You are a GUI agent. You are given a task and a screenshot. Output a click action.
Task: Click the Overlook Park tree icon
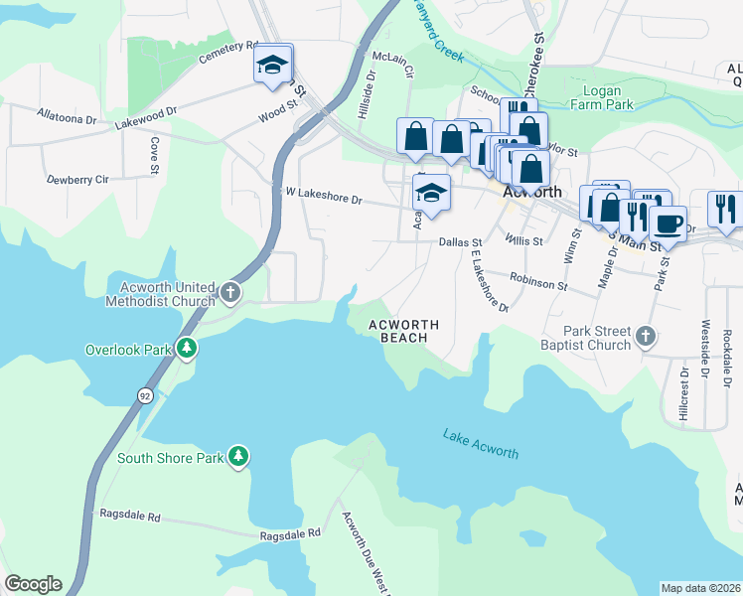(186, 349)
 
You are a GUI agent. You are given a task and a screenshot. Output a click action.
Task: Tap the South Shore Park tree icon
(237, 457)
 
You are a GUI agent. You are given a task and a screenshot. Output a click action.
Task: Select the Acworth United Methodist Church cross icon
(230, 293)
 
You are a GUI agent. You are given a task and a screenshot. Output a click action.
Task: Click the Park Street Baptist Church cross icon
(647, 337)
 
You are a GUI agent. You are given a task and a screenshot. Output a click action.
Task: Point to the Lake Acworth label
(481, 445)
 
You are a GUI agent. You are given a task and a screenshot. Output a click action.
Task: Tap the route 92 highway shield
(145, 395)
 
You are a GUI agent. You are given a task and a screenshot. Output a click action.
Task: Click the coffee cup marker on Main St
(669, 223)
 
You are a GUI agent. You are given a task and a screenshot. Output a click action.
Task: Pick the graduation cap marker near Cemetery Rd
(272, 65)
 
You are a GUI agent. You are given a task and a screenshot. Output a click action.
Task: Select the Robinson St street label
(538, 285)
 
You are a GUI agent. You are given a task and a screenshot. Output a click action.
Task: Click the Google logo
(33, 584)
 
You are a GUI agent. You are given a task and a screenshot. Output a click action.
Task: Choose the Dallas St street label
(460, 241)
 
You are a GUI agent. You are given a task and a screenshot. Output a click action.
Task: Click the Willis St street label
(523, 240)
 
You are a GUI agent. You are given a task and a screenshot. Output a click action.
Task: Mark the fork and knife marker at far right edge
(726, 209)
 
